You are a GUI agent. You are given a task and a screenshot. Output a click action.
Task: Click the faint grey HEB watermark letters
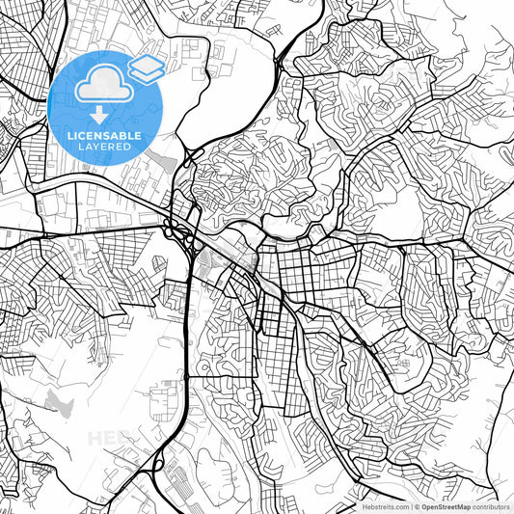point(107,439)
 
